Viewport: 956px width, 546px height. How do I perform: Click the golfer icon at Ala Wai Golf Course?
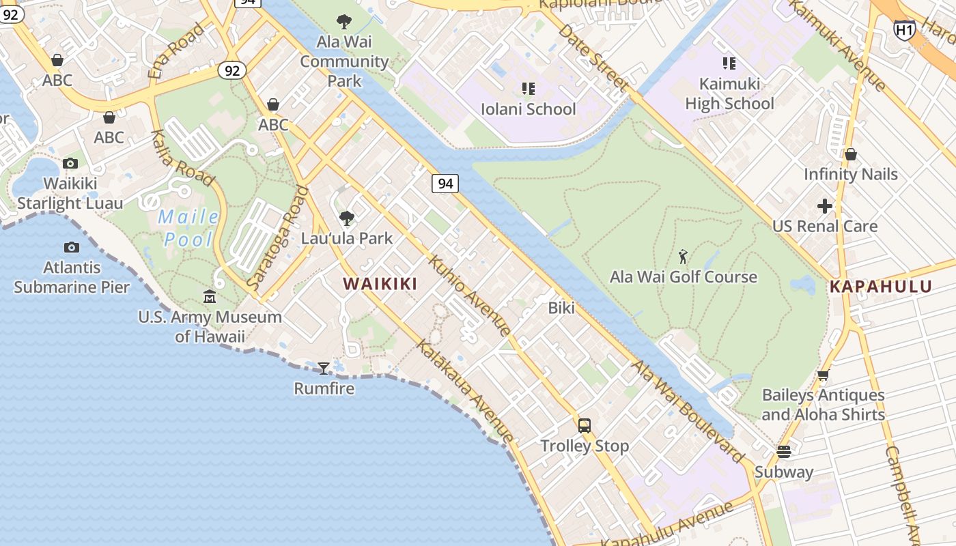pos(683,257)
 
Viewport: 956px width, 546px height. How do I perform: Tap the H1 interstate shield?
pos(904,29)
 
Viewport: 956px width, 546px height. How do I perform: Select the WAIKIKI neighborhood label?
pos(380,284)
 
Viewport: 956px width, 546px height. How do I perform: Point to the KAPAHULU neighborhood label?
pos(881,287)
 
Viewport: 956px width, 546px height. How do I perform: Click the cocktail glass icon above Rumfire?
pos(324,369)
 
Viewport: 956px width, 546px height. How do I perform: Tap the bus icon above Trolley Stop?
pos(585,426)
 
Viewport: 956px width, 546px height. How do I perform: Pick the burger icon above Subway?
pos(783,452)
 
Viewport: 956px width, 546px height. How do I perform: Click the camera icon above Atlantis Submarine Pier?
pos(72,247)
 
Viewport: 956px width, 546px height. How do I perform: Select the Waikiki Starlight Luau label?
pos(70,193)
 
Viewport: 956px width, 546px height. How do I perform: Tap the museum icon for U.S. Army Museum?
pos(210,297)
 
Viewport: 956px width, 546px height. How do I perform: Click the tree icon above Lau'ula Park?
pos(347,218)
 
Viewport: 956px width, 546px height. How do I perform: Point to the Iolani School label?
pos(528,109)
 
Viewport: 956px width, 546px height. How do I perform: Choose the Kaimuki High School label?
pos(729,94)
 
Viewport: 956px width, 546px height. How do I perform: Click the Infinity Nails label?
pos(850,174)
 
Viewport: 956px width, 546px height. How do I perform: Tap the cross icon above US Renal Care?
pos(825,205)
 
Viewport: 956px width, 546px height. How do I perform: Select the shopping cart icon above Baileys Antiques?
pos(823,375)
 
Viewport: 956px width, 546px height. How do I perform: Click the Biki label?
pos(561,308)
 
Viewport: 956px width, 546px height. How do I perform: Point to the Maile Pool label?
pos(188,229)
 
